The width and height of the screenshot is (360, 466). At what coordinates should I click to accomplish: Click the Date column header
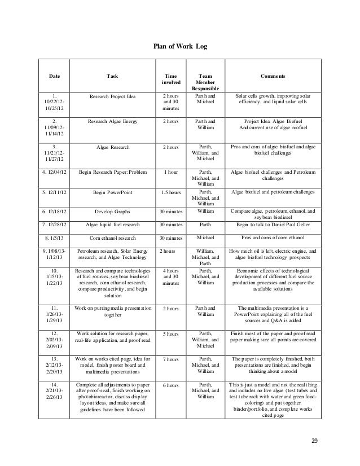coord(54,75)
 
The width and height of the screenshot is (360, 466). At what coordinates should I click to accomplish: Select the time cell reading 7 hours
coord(169,358)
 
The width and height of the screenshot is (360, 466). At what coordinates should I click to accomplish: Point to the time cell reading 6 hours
coord(169,385)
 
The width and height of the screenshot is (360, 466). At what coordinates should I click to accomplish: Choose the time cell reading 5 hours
coord(169,333)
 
